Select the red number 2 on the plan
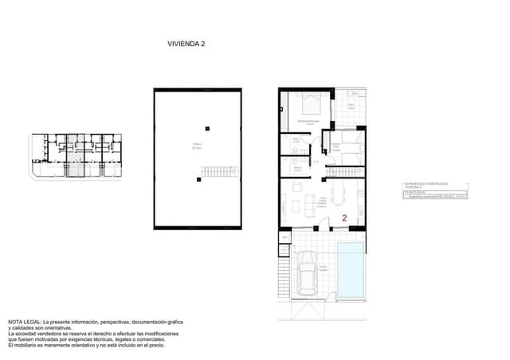344,217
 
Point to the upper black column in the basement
207,127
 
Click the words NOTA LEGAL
24,320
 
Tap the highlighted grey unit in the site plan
74,155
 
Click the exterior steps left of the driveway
282,275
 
